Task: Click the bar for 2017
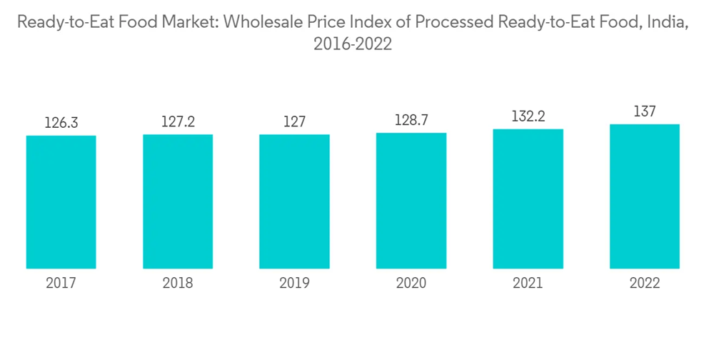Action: coord(61,202)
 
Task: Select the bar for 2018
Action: coord(178,201)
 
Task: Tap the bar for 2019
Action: coord(294,201)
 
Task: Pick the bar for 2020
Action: coord(411,201)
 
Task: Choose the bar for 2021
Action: coord(528,199)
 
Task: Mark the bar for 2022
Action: coord(644,196)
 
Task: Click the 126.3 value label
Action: coord(61,124)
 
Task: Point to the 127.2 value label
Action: coord(178,122)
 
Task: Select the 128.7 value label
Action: coord(411,121)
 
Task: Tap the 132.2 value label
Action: coord(528,116)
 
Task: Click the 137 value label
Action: coord(644,112)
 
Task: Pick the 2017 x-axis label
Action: coord(61,284)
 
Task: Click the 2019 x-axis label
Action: coord(294,284)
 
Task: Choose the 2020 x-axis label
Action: coord(411,284)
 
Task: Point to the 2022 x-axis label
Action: coord(644,284)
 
